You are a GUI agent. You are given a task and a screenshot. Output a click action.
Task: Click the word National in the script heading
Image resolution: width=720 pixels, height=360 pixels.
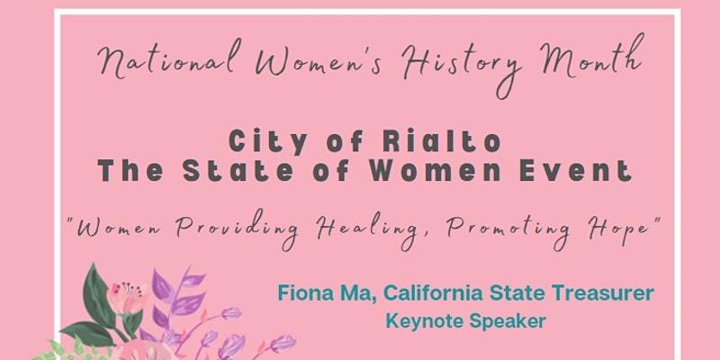pos(169,59)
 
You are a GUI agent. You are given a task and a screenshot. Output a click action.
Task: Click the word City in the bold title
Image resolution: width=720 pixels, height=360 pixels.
pos(267,141)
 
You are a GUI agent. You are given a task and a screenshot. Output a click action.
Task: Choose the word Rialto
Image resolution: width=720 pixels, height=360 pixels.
pos(441,141)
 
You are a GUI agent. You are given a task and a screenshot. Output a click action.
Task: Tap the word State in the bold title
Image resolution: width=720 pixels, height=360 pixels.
pos(238,170)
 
